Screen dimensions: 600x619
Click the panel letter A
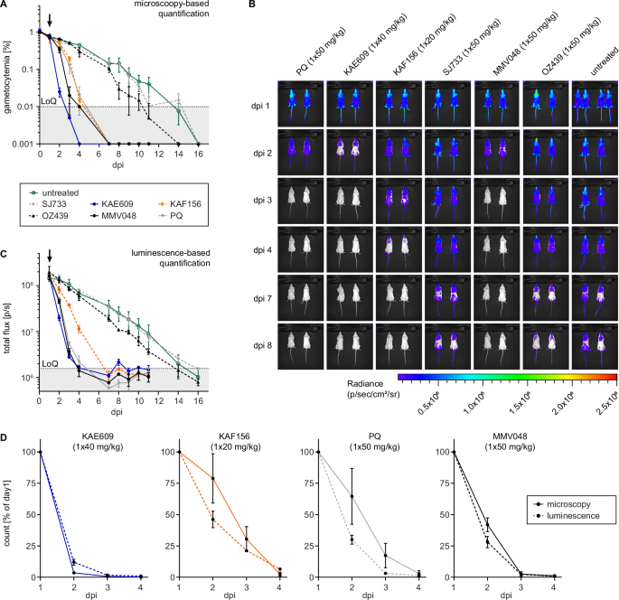[x=5, y=6]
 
